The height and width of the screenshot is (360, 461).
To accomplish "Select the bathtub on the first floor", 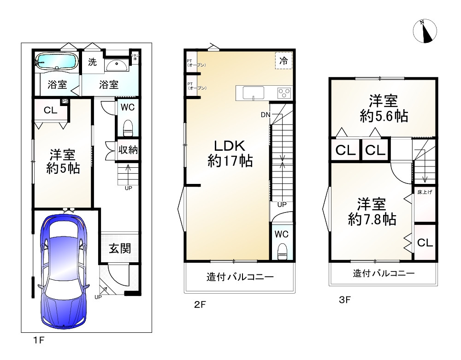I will (x=57, y=61).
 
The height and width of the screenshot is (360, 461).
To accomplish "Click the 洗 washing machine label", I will (x=93, y=62).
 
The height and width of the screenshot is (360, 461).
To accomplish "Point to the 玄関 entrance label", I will (x=119, y=249).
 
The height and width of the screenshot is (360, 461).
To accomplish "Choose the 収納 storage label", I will (x=127, y=150).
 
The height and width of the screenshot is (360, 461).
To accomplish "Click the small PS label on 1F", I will (x=65, y=102).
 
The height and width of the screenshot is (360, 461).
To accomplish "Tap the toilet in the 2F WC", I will (x=282, y=252).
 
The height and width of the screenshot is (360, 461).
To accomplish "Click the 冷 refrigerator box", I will (x=283, y=60).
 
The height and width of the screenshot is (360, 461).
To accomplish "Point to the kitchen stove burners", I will (x=284, y=93).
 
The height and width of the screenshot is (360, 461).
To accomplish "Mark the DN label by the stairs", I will (x=265, y=114).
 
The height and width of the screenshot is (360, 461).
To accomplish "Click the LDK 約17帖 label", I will (x=230, y=153).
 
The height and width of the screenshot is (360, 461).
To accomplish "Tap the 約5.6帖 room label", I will (x=383, y=109).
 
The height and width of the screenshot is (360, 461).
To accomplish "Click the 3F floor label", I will (x=345, y=300).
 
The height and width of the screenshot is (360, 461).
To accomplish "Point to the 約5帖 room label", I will (x=63, y=161).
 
